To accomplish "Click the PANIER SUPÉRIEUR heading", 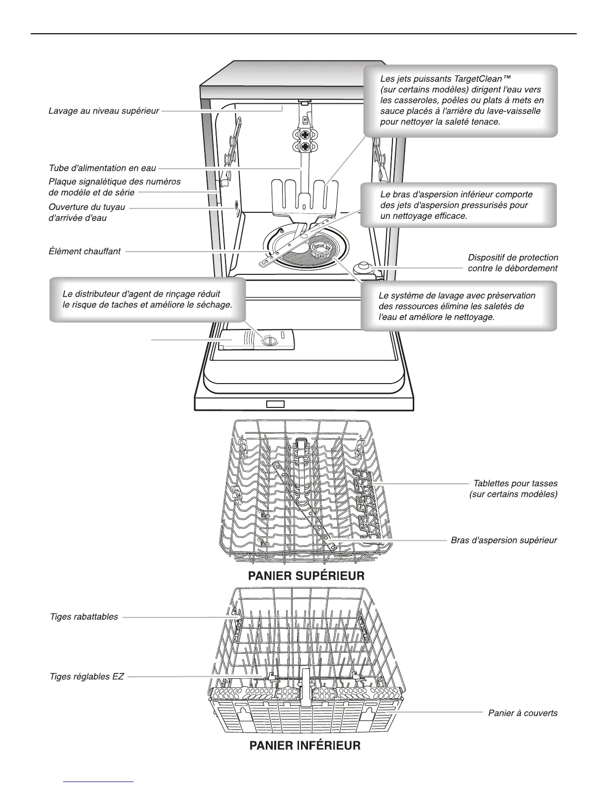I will coord(306,576).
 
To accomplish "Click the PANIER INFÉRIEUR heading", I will coord(304,745).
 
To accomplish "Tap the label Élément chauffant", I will coord(84,252).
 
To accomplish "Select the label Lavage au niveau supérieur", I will coord(104,111).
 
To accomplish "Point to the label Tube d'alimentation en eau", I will coord(102,168).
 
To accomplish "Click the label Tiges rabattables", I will coord(84,617).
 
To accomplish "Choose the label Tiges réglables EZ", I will coord(87,676).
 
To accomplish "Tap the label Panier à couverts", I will coord(523,713).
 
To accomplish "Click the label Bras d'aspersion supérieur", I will coord(504,540).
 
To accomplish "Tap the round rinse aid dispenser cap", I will coord(268,341).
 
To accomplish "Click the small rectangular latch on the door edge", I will coord(275,404).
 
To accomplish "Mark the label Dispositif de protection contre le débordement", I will coord(513,263).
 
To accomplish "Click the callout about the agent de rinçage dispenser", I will coord(148,300).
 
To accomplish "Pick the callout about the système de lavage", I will coord(458,306).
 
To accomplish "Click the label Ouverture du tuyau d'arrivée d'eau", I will coord(87,212).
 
